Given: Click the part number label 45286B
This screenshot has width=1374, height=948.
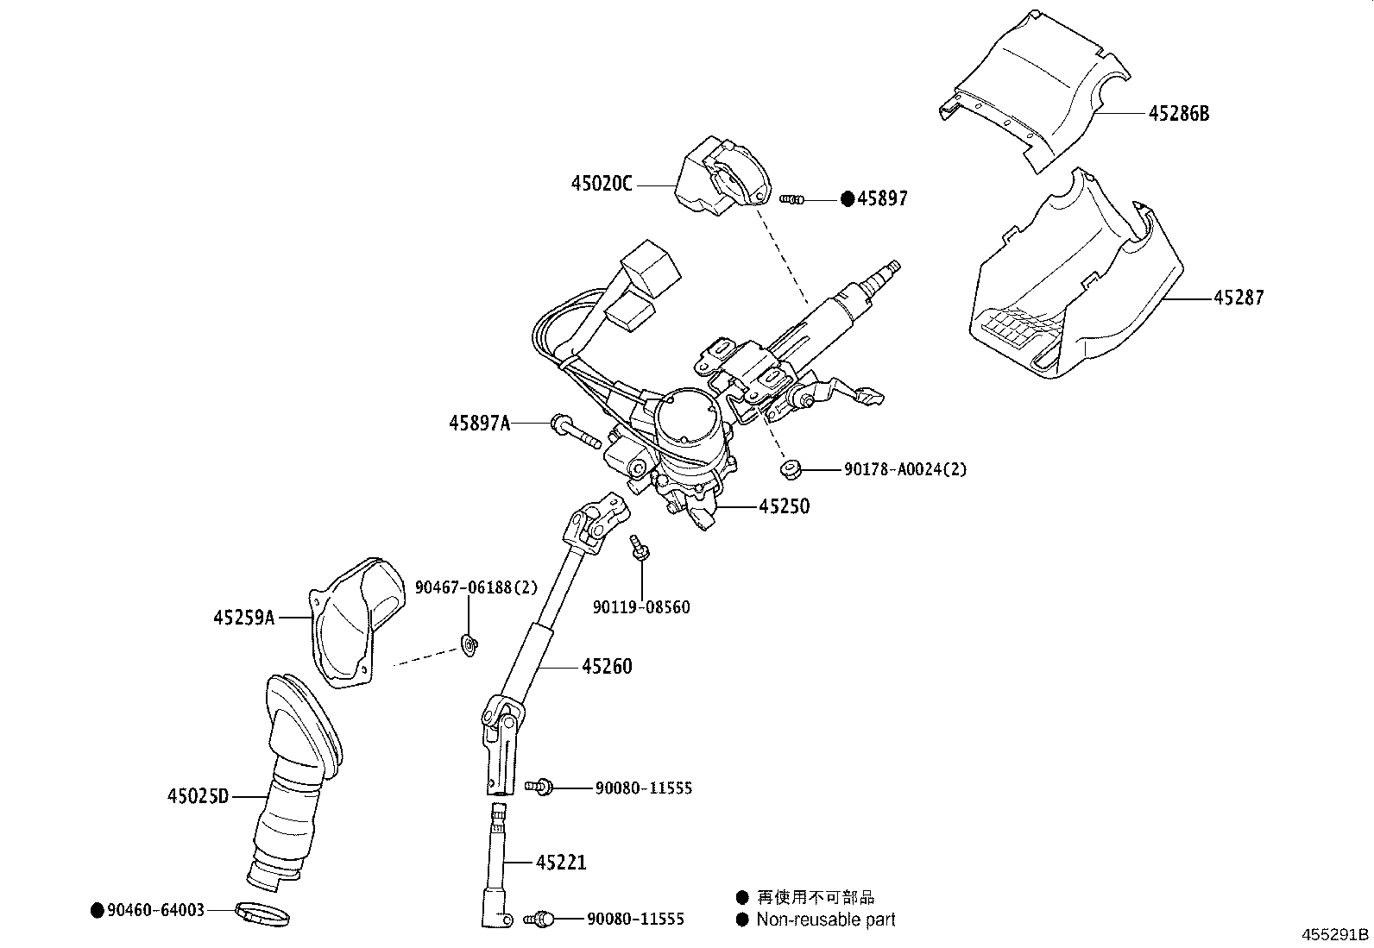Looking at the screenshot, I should click(x=1178, y=113).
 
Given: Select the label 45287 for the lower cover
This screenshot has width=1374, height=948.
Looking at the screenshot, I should click(x=1238, y=298).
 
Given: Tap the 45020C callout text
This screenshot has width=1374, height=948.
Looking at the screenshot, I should click(x=602, y=184).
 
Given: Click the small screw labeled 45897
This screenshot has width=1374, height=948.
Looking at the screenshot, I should click(x=791, y=199).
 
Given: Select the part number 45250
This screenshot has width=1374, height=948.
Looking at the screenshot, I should click(x=784, y=506).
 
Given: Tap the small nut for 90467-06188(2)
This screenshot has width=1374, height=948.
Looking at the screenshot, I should click(x=470, y=644).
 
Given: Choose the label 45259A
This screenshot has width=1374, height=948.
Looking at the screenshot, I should click(x=244, y=617).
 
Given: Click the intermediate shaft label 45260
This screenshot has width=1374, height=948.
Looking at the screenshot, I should click(x=606, y=666).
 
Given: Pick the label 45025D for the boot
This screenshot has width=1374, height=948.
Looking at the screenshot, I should click(x=198, y=795).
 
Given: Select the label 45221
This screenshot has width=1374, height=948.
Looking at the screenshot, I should click(x=561, y=862).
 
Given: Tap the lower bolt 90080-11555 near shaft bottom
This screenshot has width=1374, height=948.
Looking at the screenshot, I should click(x=541, y=919).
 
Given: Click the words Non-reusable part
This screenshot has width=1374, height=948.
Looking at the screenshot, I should click(x=825, y=920).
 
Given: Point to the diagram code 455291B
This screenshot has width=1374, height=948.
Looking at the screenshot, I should click(x=1335, y=934).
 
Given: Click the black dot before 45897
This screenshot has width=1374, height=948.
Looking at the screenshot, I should click(x=848, y=199).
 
